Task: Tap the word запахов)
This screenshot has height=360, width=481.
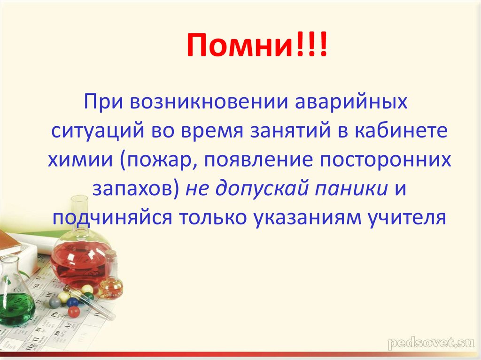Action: coord(136,189)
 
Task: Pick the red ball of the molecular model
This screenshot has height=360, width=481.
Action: coord(73,312)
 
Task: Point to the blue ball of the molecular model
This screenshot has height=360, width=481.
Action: coord(72,302)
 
